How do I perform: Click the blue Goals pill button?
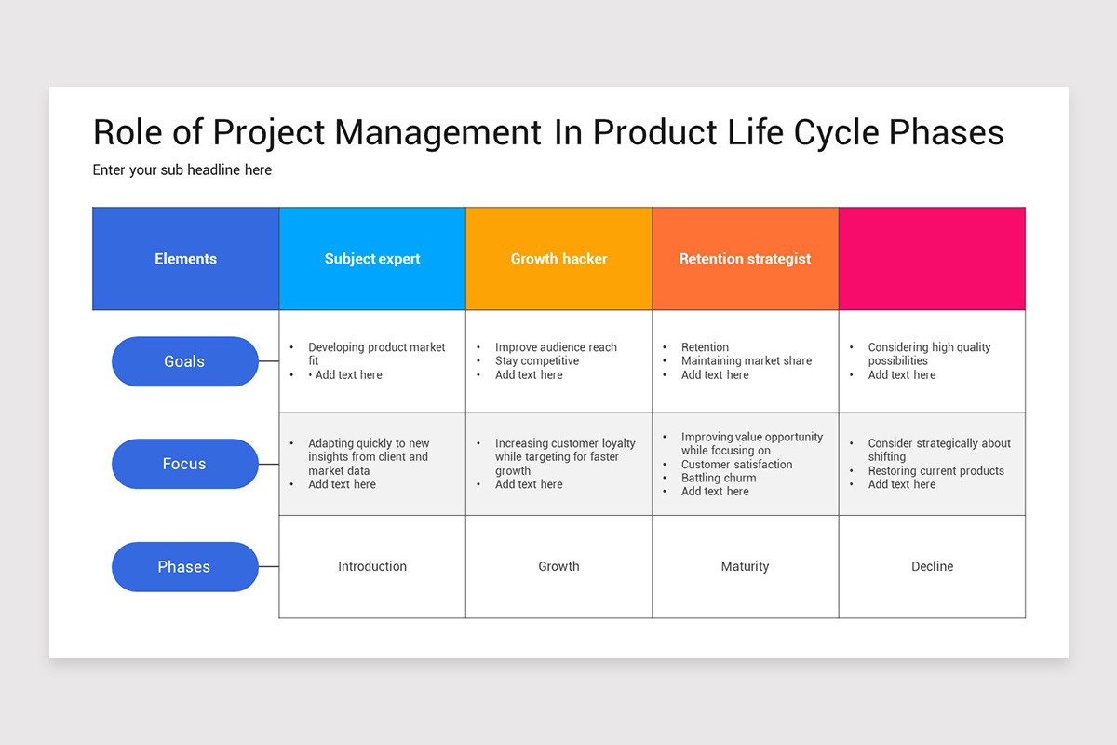coord(184,361)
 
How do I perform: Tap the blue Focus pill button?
coord(184,464)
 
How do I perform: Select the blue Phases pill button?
coord(184,566)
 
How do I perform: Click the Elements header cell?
coord(185,259)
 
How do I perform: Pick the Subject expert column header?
coord(372,259)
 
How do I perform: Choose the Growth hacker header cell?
coord(558,259)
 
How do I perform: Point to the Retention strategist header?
coord(745,259)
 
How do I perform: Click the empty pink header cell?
coord(932,259)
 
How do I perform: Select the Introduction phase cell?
coord(372,566)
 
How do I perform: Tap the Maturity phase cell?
coord(745,566)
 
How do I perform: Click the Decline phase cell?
coord(932,566)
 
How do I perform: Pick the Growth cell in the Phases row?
coord(558,566)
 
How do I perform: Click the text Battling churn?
coord(719,478)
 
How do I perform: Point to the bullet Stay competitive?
coord(537,360)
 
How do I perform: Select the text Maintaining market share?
coord(747,360)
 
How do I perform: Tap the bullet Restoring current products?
coord(936,470)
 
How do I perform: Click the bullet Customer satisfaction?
coord(737,464)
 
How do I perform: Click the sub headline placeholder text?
coord(182,169)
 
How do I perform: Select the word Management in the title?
coord(437,132)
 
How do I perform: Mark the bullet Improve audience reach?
coord(556,347)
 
